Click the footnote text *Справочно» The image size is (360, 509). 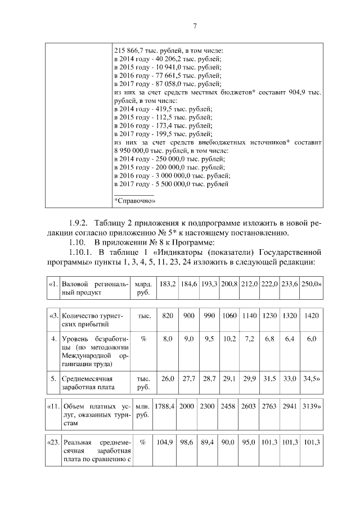(135, 200)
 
